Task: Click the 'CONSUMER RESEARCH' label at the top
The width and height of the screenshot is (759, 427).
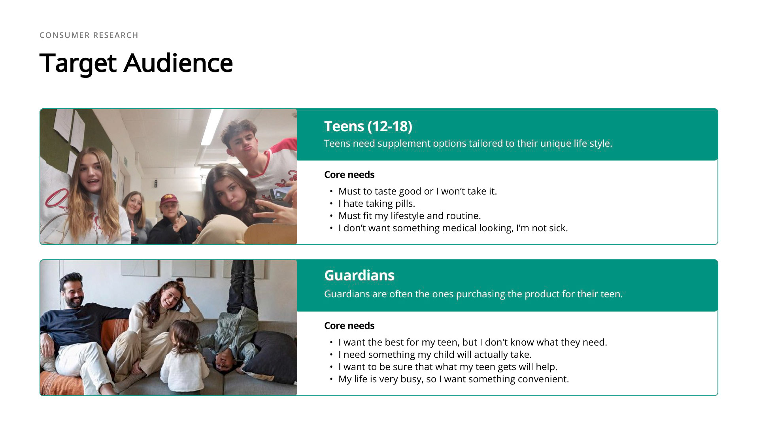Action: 89,35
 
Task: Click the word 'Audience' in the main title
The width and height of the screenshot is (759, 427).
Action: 178,63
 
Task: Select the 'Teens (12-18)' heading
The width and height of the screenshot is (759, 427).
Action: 368,126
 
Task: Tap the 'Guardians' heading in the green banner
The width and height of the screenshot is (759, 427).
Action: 359,275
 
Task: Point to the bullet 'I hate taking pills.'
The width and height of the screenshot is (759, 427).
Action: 377,204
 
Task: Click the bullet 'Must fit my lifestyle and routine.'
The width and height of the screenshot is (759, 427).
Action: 410,216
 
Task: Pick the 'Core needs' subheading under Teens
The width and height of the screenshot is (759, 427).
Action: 349,175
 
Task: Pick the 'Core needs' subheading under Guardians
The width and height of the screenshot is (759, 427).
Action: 349,326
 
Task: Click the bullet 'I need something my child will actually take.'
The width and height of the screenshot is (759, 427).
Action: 435,355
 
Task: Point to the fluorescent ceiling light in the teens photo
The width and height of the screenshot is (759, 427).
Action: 211,127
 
